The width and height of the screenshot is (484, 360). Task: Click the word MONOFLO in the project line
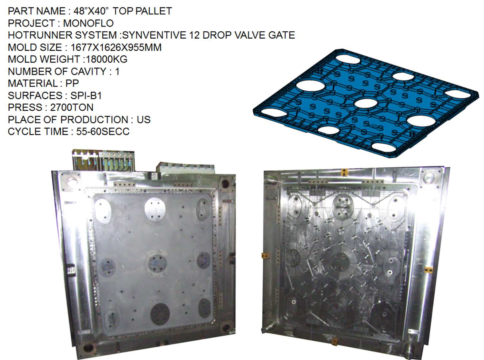click(x=88, y=23)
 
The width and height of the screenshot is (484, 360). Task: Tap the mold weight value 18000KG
click(x=106, y=59)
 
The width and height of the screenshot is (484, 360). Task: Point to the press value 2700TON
click(x=72, y=107)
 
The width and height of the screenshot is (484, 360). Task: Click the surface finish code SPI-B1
click(x=86, y=95)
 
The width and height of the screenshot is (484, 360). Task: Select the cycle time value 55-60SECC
click(x=103, y=132)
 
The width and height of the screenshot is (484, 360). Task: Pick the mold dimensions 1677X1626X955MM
click(x=116, y=47)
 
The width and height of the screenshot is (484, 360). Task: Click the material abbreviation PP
click(x=72, y=83)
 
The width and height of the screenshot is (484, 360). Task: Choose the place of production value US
click(x=144, y=120)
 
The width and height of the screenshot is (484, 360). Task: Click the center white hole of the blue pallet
click(x=366, y=103)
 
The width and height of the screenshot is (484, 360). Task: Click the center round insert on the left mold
click(x=157, y=263)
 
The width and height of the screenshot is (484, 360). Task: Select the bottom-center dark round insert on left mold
click(x=160, y=314)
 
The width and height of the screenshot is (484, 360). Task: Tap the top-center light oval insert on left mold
click(x=155, y=210)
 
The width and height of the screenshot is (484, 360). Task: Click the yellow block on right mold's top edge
click(x=345, y=172)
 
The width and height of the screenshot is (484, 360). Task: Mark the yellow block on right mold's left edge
click(x=265, y=256)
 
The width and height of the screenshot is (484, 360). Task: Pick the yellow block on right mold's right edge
click(x=428, y=269)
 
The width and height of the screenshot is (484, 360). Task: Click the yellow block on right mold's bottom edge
click(x=335, y=341)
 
